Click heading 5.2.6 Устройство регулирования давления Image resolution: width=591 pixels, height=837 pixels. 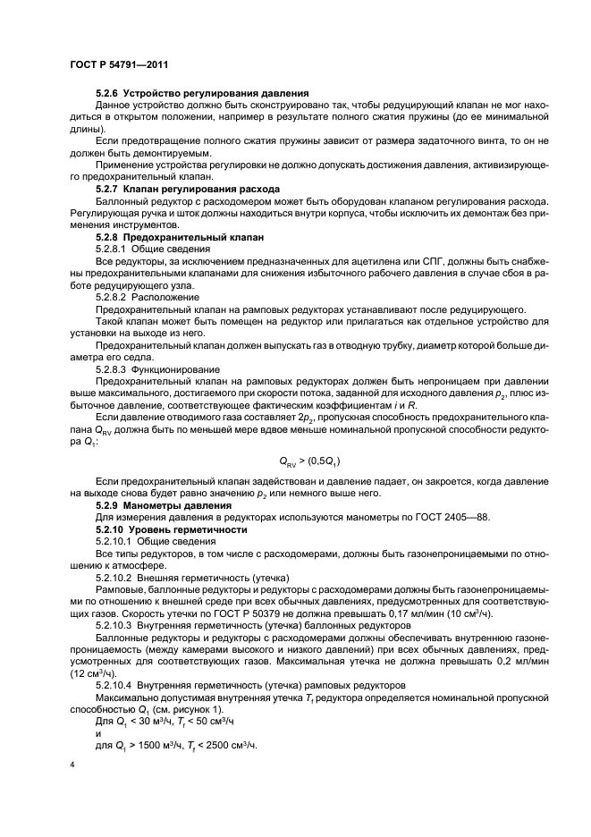(x=202, y=93)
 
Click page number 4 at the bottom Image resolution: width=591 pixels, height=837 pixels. (x=72, y=766)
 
